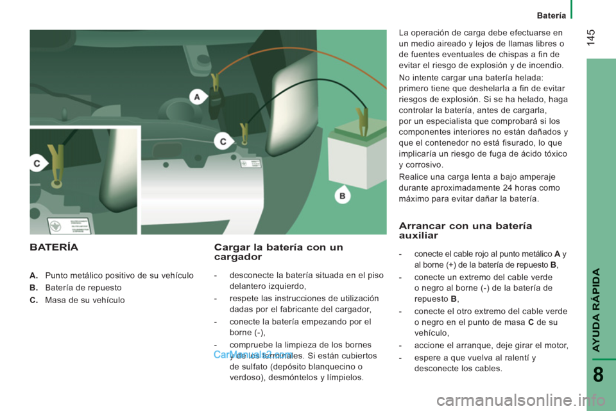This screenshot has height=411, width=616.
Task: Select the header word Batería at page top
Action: click(x=551, y=15)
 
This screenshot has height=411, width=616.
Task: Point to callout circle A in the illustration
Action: click(x=198, y=97)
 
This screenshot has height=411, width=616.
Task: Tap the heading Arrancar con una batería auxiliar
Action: click(x=465, y=231)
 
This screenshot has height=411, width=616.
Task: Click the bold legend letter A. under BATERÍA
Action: click(x=34, y=275)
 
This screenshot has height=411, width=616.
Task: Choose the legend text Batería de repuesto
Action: click(x=83, y=288)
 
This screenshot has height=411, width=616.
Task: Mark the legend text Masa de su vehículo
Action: click(x=85, y=300)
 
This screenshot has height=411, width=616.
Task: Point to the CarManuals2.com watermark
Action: click(x=253, y=354)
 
